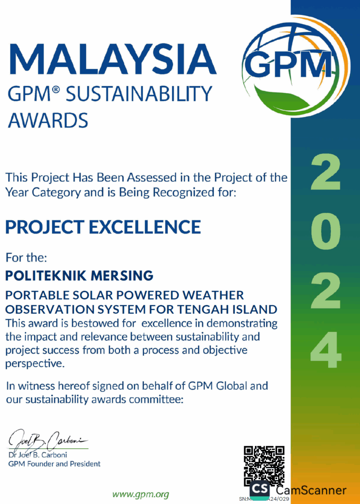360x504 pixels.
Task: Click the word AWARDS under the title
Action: [47, 120]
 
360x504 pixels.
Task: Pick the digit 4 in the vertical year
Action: [326, 350]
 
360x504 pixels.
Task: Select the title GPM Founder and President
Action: [54, 464]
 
